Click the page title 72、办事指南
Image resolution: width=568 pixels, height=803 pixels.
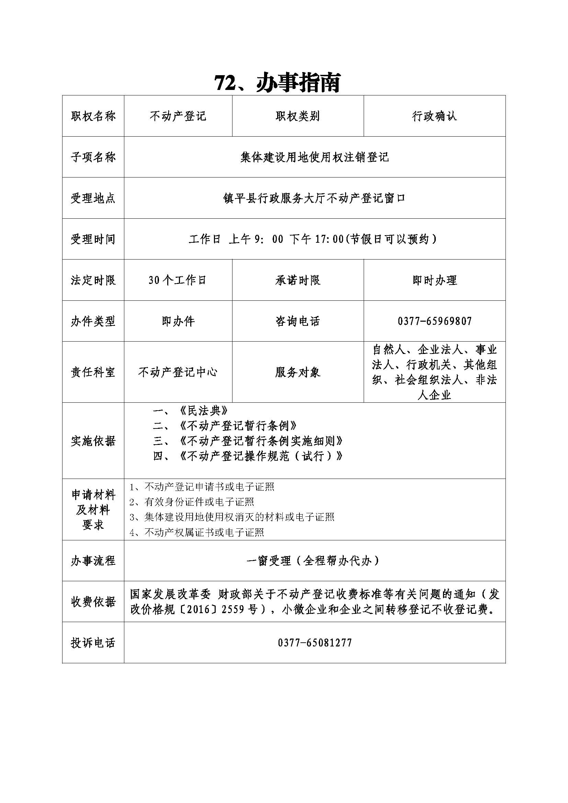click(x=277, y=83)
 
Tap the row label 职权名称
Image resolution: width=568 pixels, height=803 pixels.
click(x=93, y=116)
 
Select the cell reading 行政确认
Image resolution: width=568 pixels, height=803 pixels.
click(x=434, y=116)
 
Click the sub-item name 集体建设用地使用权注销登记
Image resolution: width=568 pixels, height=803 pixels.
click(x=315, y=157)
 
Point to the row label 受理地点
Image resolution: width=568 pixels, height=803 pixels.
click(x=93, y=198)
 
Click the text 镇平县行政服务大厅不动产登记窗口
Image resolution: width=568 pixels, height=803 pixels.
click(x=315, y=198)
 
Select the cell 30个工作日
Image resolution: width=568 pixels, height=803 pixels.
click(x=178, y=280)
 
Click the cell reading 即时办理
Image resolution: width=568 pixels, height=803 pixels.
click(x=434, y=280)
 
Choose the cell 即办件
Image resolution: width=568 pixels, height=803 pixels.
click(x=178, y=321)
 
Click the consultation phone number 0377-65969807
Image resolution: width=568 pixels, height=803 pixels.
click(x=434, y=321)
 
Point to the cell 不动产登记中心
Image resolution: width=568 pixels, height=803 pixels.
click(x=178, y=372)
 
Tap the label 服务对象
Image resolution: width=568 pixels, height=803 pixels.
click(x=298, y=372)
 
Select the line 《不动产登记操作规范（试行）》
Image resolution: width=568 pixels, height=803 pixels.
click(x=261, y=456)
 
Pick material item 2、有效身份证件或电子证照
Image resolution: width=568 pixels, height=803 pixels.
click(x=192, y=502)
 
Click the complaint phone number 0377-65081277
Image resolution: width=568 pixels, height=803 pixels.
click(x=315, y=642)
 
